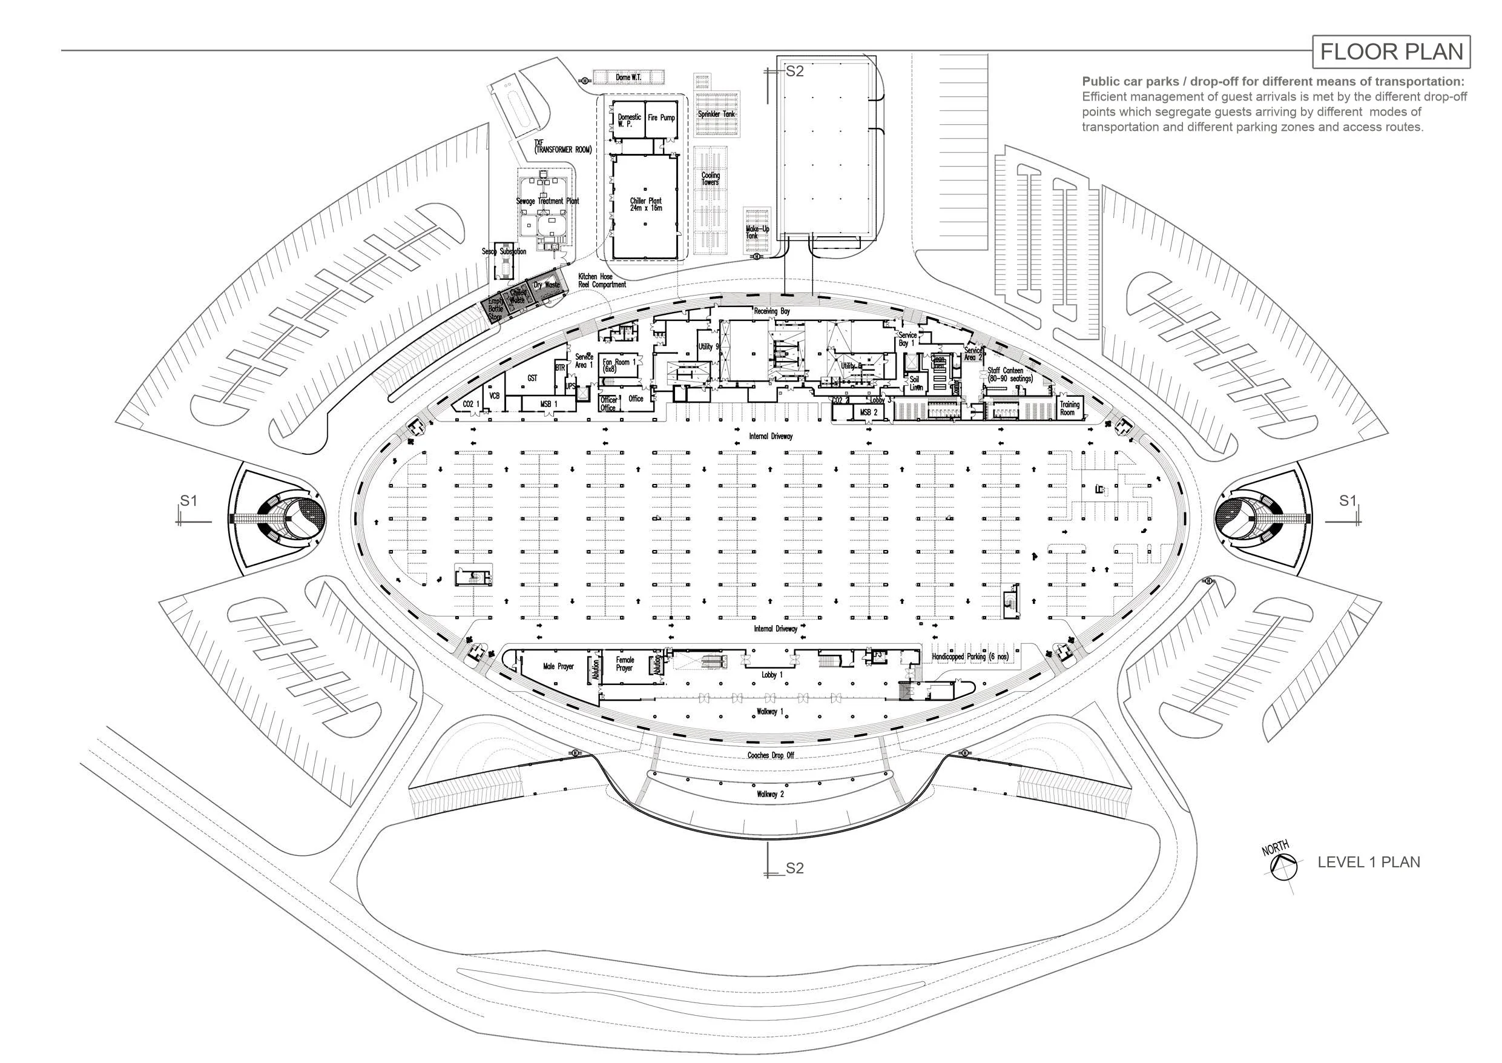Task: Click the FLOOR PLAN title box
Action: (x=1391, y=51)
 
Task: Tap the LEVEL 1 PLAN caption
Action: (x=1369, y=862)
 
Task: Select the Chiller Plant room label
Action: (x=646, y=204)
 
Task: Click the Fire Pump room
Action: (x=661, y=118)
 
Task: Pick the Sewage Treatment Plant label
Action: (x=547, y=201)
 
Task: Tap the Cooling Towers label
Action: (x=711, y=179)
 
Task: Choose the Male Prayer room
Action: (x=558, y=666)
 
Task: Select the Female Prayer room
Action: (x=625, y=664)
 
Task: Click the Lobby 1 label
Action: (x=772, y=675)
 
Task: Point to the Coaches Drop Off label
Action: (x=771, y=755)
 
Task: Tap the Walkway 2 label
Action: (x=770, y=794)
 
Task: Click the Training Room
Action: (x=1070, y=408)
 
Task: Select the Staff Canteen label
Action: (x=1010, y=374)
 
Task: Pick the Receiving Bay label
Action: (x=772, y=311)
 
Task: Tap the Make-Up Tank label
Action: (x=757, y=232)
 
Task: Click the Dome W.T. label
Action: (x=628, y=78)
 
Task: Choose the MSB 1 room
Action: (x=549, y=405)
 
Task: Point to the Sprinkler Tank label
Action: (x=716, y=114)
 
